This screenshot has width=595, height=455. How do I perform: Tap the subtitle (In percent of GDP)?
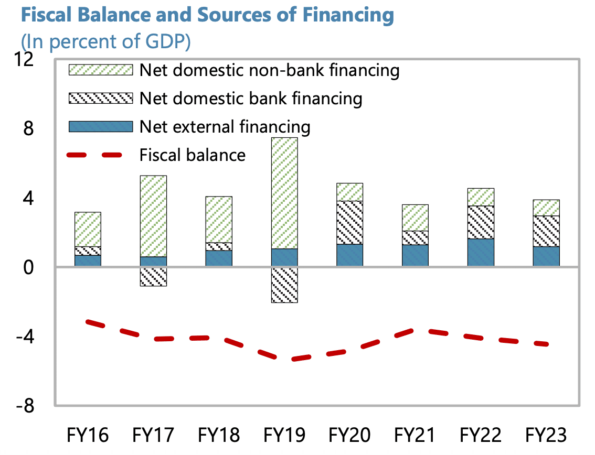(105, 41)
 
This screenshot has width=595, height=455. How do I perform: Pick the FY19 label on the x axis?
(284, 435)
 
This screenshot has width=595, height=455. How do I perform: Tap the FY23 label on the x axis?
(546, 435)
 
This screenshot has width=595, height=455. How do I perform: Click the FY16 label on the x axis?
(88, 435)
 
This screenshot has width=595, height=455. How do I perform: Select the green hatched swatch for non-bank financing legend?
(101, 70)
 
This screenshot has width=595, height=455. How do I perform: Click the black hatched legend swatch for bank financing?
(101, 99)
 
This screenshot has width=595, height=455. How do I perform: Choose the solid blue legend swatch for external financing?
(101, 126)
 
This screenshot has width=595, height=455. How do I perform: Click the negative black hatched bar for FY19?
(284, 285)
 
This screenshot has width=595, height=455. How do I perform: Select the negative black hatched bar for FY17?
(154, 276)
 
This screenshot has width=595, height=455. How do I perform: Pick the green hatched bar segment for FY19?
(284, 193)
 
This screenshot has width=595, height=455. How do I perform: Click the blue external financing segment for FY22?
(481, 253)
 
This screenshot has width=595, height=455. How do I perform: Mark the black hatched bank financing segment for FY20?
(350, 223)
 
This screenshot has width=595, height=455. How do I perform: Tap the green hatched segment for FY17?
(154, 216)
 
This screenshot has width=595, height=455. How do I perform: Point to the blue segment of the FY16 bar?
(88, 261)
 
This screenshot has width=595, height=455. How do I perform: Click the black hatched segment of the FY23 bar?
(546, 231)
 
